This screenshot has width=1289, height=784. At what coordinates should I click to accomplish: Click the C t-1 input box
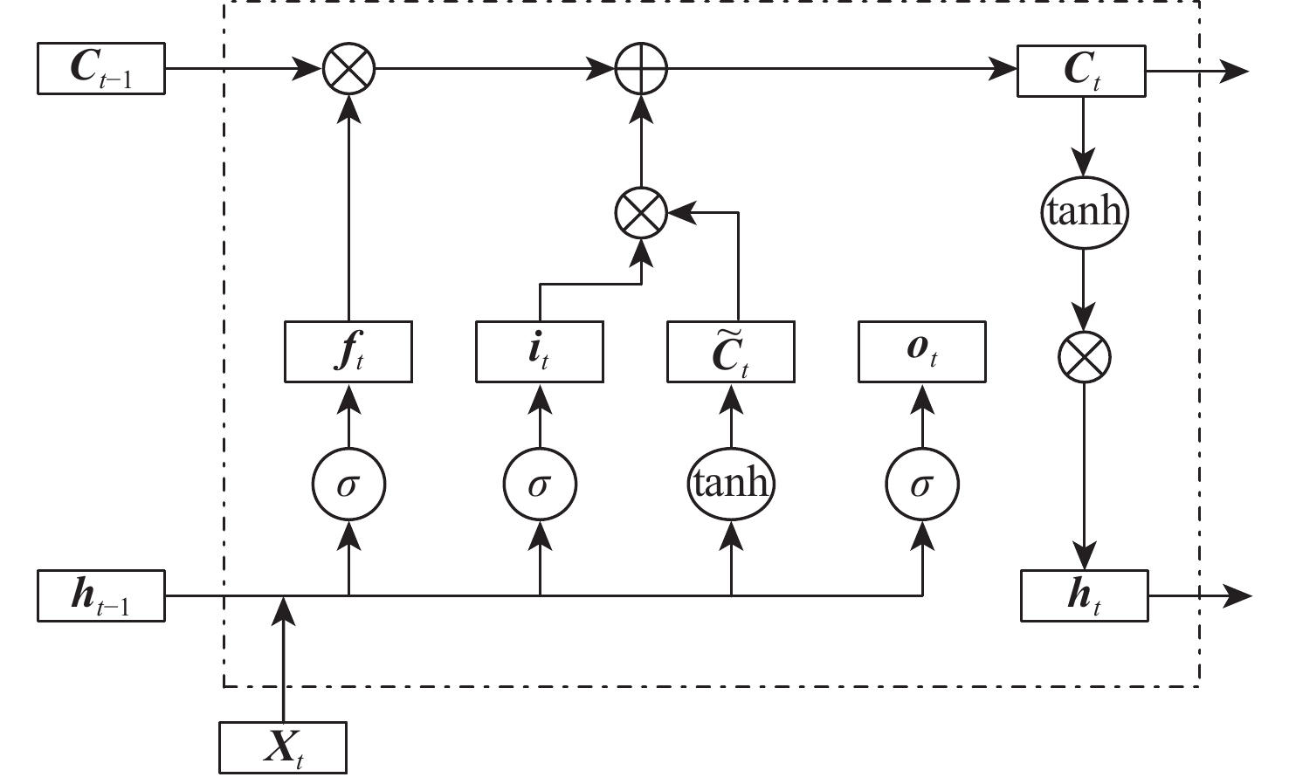pos(101,68)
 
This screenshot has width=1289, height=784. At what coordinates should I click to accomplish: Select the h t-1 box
pos(101,596)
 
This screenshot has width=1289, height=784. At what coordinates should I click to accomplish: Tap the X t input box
pos(283,747)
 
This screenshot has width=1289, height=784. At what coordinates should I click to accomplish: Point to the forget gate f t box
pos(348,352)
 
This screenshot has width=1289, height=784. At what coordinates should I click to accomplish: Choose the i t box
pos(540,352)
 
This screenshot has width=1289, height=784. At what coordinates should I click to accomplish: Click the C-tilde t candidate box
pos(731,352)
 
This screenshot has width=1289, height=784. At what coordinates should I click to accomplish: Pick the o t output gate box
pos(922,352)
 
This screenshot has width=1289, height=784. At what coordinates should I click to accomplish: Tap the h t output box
pos(1085,596)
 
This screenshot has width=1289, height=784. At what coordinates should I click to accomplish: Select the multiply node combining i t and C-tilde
pos(642,212)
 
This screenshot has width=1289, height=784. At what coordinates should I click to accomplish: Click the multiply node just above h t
pos(1084,356)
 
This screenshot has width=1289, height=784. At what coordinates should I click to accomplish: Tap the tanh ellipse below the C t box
pos(1084,212)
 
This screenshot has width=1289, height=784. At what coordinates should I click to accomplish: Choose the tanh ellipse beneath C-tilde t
pos(731,483)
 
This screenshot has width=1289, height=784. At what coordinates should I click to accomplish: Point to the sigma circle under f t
pos(348,483)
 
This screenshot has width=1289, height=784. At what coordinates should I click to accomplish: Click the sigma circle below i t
pos(540,483)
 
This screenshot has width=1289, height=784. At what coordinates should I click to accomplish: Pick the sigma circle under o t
pos(922,483)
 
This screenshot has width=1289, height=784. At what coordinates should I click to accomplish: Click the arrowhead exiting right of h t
pos(1238,596)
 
